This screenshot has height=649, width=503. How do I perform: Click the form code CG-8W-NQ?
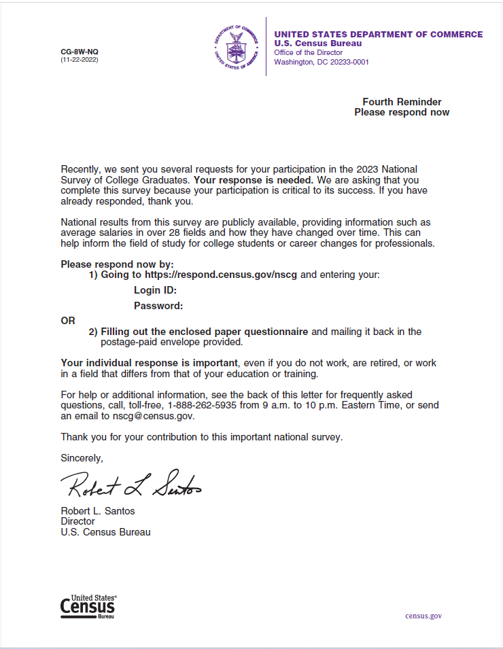pyautogui.click(x=79, y=52)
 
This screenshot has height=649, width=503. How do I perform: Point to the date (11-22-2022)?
pyautogui.click(x=79, y=60)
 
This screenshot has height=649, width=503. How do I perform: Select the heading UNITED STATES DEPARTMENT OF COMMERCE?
pyautogui.click(x=378, y=35)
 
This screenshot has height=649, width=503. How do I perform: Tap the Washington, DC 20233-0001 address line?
pyautogui.click(x=321, y=62)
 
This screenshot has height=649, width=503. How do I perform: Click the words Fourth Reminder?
pyautogui.click(x=402, y=102)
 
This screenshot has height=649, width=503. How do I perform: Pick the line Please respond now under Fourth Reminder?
pyautogui.click(x=402, y=112)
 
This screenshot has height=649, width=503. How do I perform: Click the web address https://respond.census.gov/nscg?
pyautogui.click(x=221, y=275)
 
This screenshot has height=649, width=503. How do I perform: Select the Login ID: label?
pyautogui.click(x=155, y=291)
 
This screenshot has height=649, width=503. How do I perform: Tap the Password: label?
pyautogui.click(x=158, y=306)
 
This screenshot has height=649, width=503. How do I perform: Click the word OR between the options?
pyautogui.click(x=68, y=321)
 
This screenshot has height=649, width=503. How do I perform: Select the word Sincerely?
pyautogui.click(x=82, y=458)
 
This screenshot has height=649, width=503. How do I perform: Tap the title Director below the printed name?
pyautogui.click(x=77, y=521)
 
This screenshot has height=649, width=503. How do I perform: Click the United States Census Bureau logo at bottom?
pyautogui.click(x=88, y=606)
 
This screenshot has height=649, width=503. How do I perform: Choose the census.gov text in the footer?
pyautogui.click(x=423, y=616)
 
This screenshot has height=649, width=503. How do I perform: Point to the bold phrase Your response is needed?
pyautogui.click(x=253, y=180)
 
